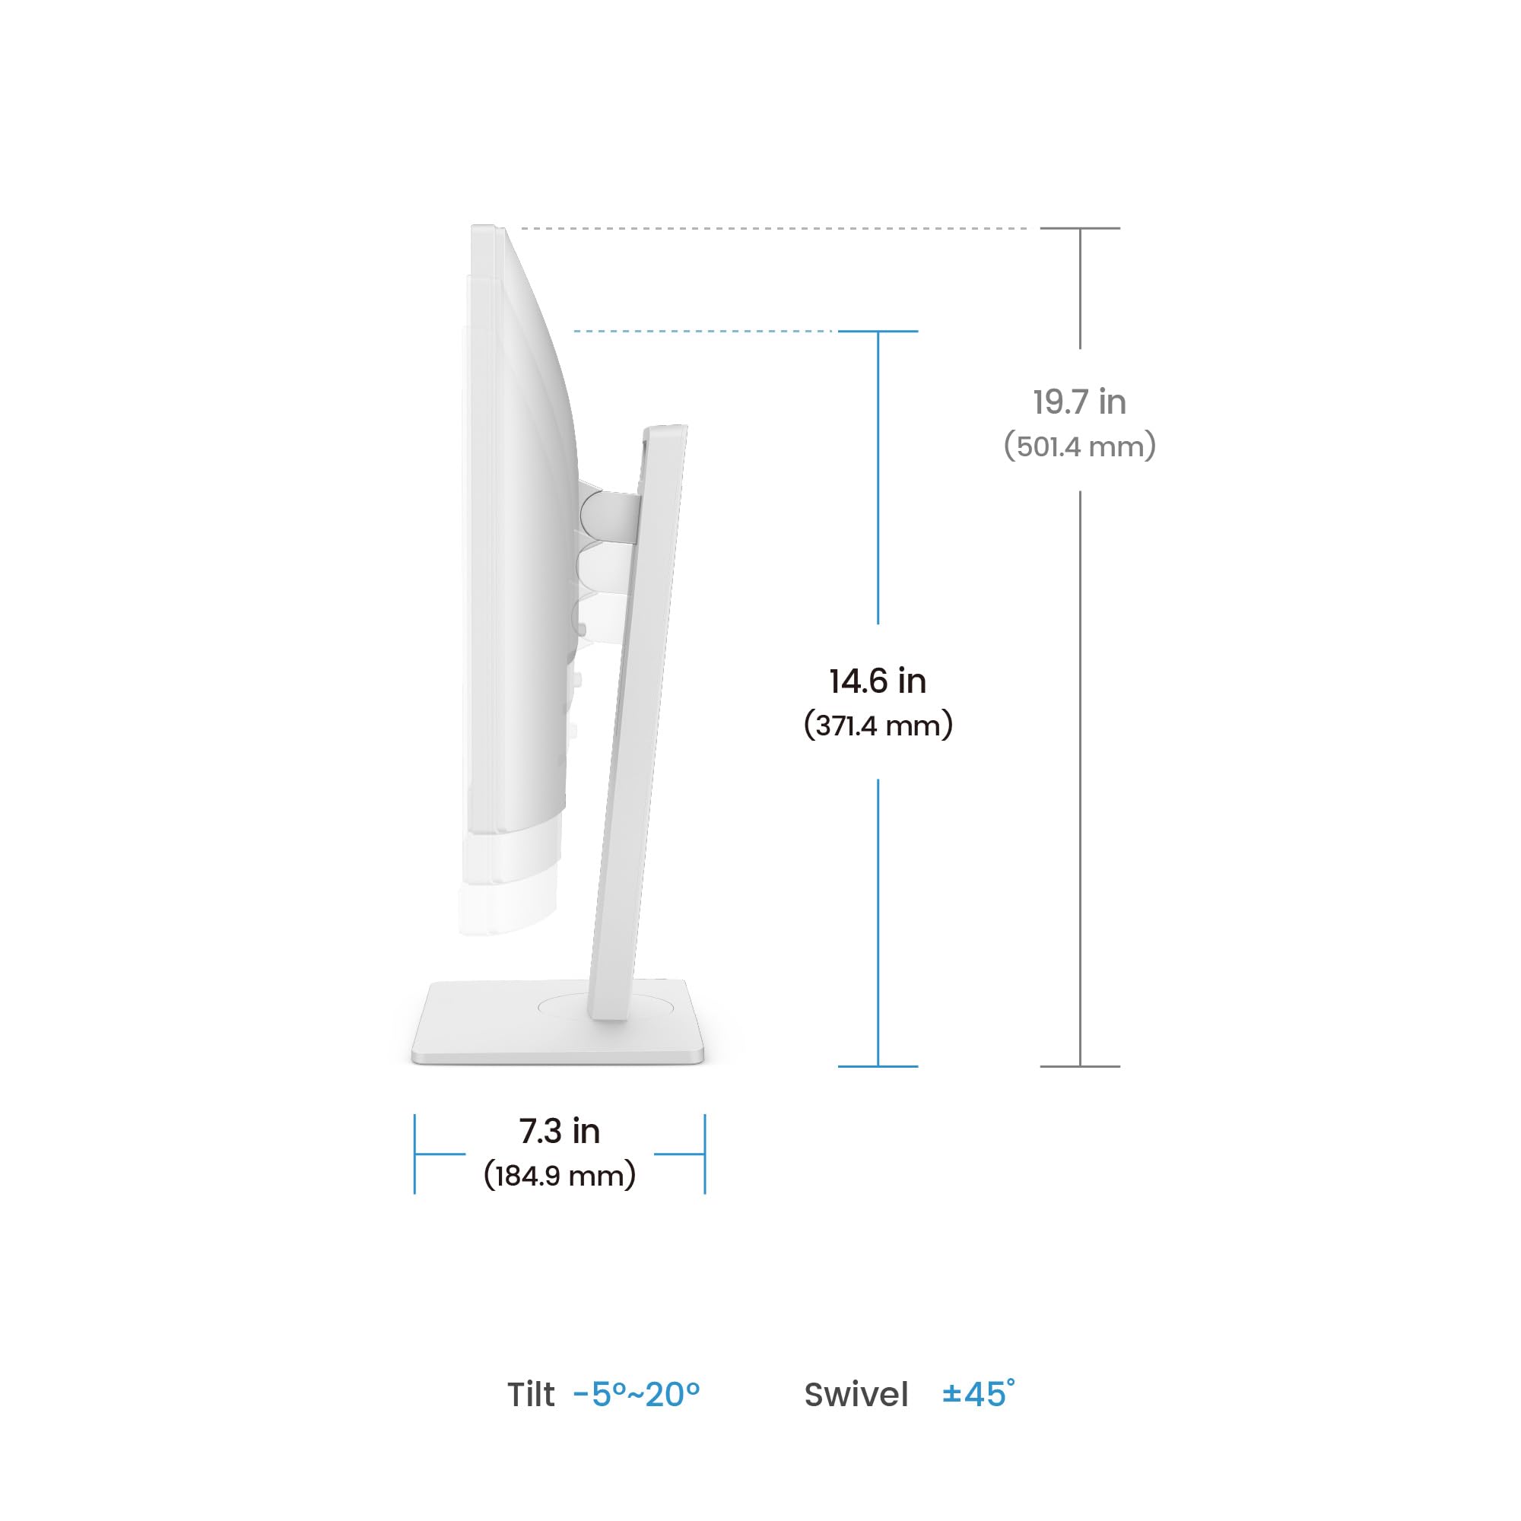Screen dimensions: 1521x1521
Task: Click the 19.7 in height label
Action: click(1079, 402)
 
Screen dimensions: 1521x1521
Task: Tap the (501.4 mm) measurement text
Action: click(1079, 446)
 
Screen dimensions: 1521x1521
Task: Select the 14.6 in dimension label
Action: click(878, 681)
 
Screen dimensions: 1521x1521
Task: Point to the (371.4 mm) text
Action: click(878, 725)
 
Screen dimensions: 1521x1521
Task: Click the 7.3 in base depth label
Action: click(559, 1132)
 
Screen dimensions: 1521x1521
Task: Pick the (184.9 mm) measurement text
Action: click(559, 1176)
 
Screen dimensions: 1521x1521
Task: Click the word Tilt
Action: click(531, 1394)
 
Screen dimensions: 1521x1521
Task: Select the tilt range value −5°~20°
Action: click(636, 1394)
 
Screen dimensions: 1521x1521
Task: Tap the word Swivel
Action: click(856, 1394)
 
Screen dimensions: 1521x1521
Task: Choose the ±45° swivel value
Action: click(978, 1393)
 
